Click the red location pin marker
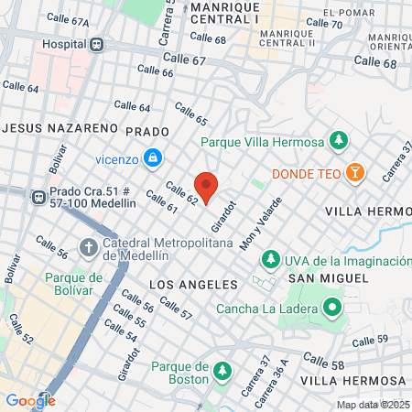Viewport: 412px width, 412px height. tap(206, 187)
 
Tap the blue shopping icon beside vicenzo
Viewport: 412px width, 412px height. tap(154, 158)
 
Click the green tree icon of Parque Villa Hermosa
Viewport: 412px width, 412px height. tap(339, 141)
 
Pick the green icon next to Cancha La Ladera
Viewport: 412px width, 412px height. tap(331, 308)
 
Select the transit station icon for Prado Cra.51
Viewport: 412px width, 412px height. tap(38, 197)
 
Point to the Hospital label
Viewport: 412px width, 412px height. tap(63, 43)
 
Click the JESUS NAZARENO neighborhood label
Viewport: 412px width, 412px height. tap(60, 128)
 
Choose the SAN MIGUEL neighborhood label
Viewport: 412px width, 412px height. tap(320, 277)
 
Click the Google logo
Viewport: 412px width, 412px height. tap(30, 400)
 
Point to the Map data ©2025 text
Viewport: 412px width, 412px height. tap(371, 405)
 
